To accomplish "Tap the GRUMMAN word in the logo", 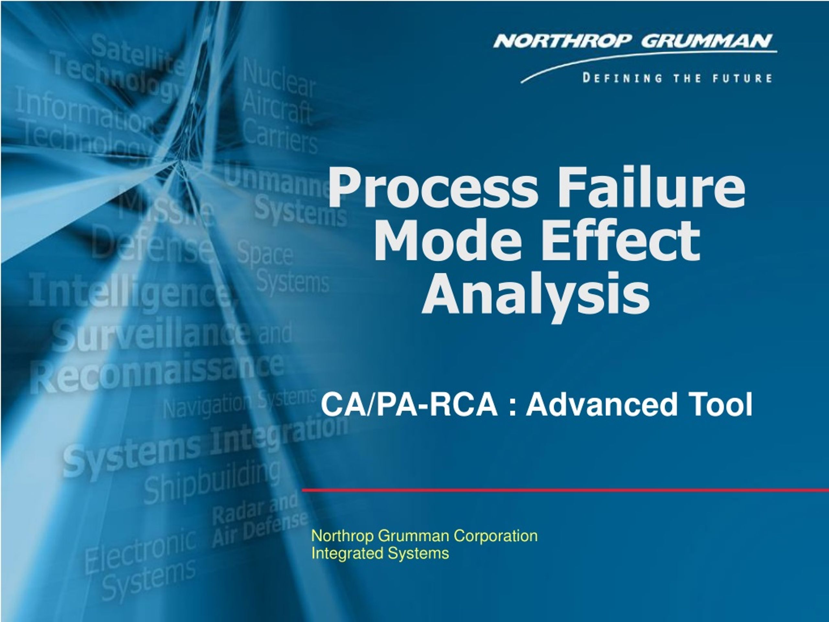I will coord(707,41).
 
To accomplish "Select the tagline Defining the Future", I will coord(677,78).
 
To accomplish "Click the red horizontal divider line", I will coord(562,490).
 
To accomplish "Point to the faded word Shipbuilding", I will coord(212,482).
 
